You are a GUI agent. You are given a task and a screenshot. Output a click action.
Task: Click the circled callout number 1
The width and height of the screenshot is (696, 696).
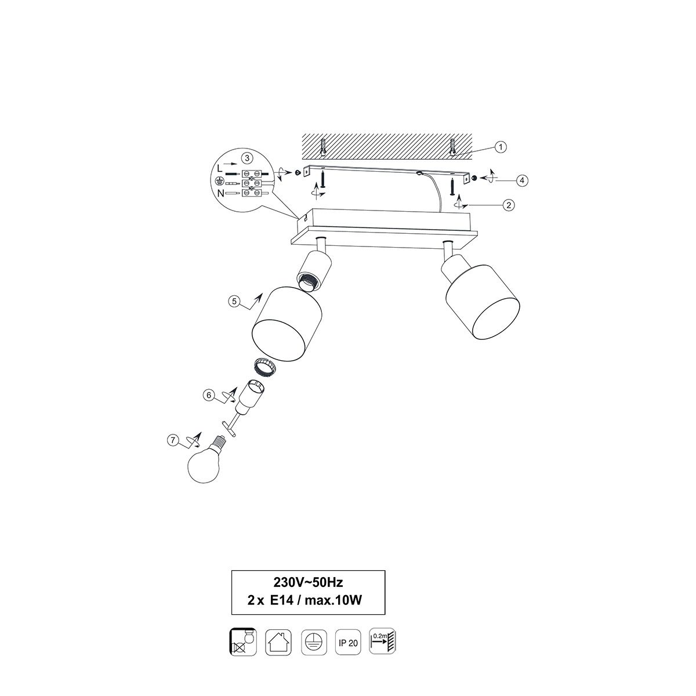click(500, 147)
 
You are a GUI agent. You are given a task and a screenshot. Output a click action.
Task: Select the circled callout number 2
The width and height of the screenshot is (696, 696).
click(508, 205)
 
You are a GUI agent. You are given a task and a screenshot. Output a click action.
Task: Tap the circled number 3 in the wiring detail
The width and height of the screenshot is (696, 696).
click(247, 158)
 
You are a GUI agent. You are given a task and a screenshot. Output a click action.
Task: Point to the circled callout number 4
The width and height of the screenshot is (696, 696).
click(522, 180)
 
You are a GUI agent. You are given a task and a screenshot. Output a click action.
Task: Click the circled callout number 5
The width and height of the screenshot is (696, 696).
click(234, 301)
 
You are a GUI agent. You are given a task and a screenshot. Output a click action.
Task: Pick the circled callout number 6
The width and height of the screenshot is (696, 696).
click(208, 395)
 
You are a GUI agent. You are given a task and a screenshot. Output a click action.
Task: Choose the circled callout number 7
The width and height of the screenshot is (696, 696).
click(173, 440)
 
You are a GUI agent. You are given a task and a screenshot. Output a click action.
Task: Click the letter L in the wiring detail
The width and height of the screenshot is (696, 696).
click(220, 168)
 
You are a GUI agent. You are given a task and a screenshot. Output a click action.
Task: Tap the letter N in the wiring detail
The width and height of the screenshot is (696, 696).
click(220, 194)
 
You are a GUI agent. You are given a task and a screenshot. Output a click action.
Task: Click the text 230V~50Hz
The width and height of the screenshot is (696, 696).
click(308, 582)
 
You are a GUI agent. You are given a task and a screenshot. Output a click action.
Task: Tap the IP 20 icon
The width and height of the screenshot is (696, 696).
click(348, 642)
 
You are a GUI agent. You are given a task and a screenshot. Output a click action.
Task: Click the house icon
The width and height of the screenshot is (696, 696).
click(278, 642)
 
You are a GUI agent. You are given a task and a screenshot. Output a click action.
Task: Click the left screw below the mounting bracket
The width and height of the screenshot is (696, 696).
click(323, 179)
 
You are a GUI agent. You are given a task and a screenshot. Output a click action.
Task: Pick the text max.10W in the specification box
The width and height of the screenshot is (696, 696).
click(333, 600)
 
